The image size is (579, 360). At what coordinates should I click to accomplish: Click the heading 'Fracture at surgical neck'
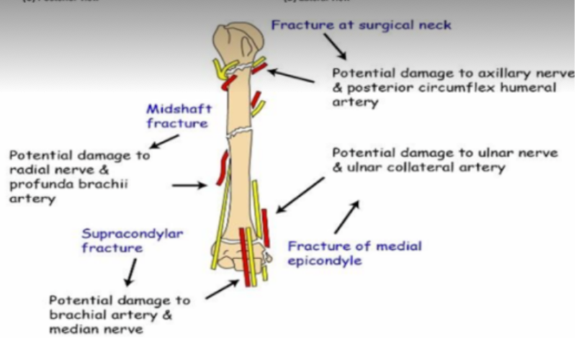coord(361,25)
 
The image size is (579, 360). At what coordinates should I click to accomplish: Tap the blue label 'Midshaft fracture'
coord(177,116)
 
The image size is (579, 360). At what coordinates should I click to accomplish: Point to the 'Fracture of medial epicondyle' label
coord(354,253)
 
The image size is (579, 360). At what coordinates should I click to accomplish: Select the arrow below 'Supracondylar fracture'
coord(130,272)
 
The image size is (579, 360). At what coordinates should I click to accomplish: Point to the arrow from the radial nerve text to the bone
coord(189,185)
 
